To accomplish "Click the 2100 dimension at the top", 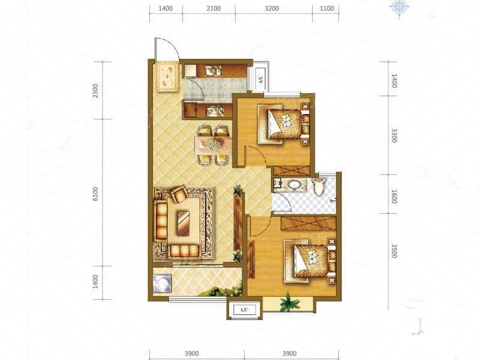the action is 214,8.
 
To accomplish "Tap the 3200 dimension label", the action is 272,8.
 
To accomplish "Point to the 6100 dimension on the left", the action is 95,194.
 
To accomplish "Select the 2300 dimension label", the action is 95,91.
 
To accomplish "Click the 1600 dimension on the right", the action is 394,197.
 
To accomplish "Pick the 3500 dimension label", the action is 394,251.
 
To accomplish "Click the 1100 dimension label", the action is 326,8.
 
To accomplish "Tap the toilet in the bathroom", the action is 319,186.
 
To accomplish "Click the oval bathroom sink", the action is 295,185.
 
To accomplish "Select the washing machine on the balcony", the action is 162,284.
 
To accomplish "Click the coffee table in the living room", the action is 184,223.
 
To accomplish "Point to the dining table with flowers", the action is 213,145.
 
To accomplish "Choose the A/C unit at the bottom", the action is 244,310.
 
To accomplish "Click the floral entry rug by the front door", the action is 167,77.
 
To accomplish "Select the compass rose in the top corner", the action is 399,7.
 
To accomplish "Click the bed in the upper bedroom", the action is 284,124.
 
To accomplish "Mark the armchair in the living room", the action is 179,193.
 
